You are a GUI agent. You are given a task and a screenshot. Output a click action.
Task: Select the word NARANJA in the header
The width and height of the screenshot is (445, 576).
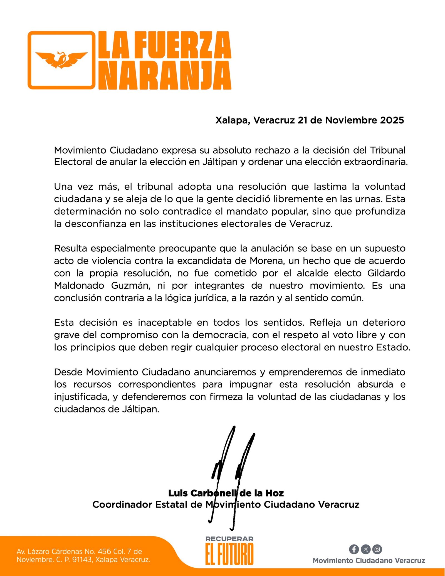[165, 75]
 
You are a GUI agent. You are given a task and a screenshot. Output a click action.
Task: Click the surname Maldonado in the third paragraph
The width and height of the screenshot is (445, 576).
[79, 285]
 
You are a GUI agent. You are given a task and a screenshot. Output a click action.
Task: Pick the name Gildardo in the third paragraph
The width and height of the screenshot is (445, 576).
[386, 273]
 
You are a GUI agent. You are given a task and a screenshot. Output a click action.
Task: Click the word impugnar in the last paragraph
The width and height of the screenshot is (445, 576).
[263, 384]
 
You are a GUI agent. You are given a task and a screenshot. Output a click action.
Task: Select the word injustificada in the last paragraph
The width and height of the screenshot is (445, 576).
[81, 397]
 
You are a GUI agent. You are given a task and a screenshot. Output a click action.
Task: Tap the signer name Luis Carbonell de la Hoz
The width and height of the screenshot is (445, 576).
[226, 493]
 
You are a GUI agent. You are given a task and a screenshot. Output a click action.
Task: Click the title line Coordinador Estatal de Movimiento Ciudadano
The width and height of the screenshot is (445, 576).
[226, 505]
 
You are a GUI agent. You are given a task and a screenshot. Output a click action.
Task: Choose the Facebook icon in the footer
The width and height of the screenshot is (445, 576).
[354, 549]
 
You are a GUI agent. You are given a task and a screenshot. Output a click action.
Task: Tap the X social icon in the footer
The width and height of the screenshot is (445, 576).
[365, 549]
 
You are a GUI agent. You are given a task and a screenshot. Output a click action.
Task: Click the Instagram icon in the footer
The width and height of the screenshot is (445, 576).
[377, 549]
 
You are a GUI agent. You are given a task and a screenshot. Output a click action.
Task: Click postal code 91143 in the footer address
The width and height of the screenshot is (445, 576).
[82, 560]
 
